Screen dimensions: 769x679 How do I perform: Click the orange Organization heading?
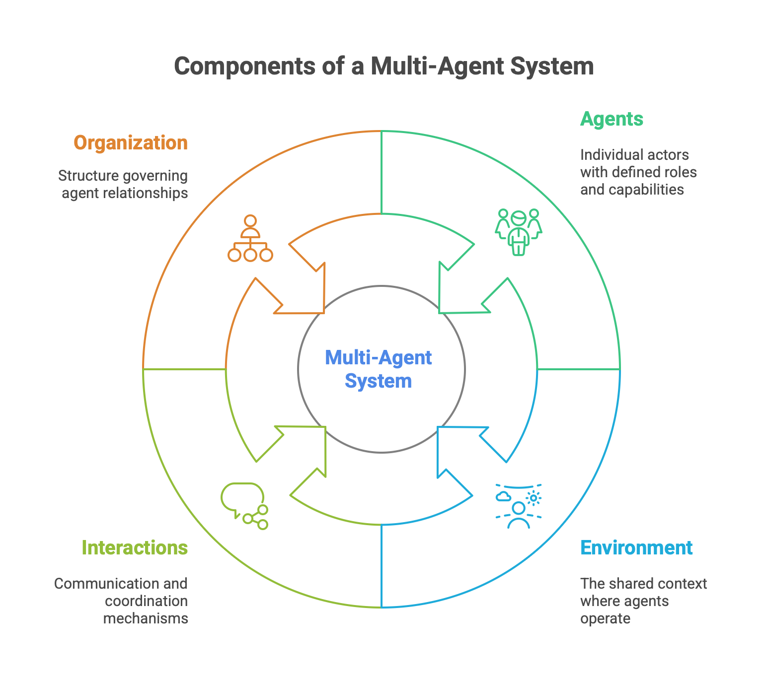click(131, 143)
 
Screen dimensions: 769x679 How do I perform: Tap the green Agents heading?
click(612, 119)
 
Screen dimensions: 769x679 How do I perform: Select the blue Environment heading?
click(636, 548)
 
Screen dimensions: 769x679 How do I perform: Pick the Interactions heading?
click(135, 548)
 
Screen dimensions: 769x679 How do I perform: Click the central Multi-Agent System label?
click(379, 369)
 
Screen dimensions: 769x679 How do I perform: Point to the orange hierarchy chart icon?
click(250, 239)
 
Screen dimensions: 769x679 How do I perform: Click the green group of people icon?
click(518, 232)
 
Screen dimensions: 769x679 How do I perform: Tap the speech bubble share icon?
click(244, 506)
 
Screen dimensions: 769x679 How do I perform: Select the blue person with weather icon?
click(519, 506)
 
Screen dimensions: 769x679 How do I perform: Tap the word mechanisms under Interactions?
click(146, 618)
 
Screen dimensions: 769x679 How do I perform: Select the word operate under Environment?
click(605, 618)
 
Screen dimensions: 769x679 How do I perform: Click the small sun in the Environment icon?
click(534, 497)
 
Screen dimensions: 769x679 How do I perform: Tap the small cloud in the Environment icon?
click(503, 496)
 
